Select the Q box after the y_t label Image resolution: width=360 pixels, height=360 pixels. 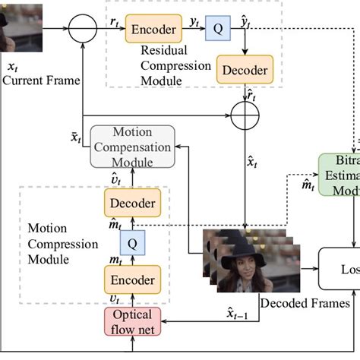click(216, 30)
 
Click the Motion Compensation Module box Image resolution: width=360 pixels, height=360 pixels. click(133, 147)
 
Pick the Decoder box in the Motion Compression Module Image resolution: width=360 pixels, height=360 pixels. click(132, 204)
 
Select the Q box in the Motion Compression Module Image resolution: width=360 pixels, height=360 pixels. click(132, 243)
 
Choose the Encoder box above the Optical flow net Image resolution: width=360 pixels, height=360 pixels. click(132, 277)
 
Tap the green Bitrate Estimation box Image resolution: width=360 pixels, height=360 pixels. click(338, 175)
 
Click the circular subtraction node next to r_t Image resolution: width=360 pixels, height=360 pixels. click(83, 30)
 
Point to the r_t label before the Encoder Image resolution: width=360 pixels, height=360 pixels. click(113, 23)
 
